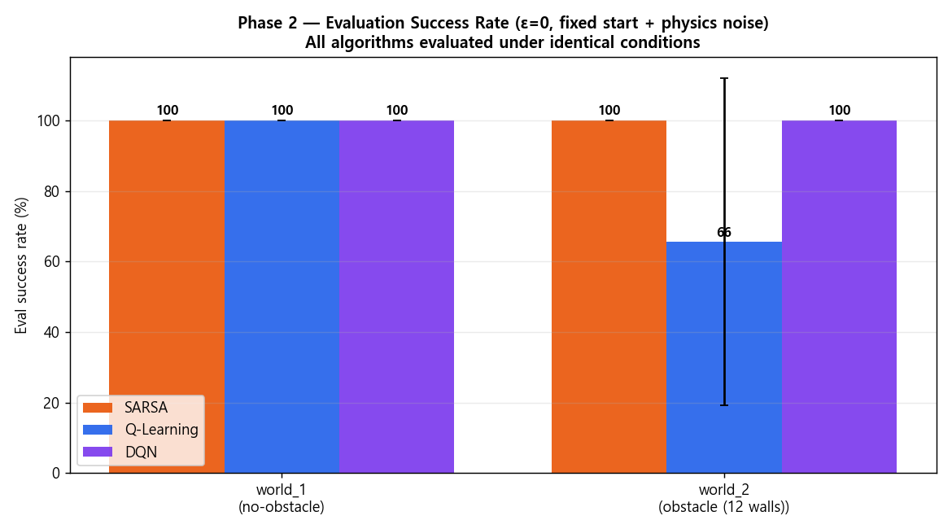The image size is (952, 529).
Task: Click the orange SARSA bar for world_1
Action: coord(167,296)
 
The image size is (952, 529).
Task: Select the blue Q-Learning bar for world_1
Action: coord(282,296)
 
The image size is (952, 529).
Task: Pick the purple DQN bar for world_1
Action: coord(396,296)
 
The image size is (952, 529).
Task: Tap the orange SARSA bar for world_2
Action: coord(609,296)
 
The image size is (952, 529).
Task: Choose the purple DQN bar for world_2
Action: coord(839,296)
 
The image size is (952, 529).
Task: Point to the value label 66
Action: coord(723,233)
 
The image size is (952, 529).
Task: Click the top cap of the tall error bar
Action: coord(724,78)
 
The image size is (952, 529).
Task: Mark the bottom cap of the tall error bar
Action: coord(724,405)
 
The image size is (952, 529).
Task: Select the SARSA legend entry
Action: coord(125,407)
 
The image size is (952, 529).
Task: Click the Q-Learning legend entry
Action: coord(140,430)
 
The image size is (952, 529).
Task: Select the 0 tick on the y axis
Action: coord(57,473)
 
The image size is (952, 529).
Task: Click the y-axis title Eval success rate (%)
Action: coord(21,265)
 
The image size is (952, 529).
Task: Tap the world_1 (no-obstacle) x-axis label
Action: coord(282,498)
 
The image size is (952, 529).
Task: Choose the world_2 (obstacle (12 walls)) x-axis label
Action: coord(724,498)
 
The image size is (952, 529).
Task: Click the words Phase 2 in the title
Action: coord(267,23)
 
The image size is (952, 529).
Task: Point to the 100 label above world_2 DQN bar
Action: coord(839,110)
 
